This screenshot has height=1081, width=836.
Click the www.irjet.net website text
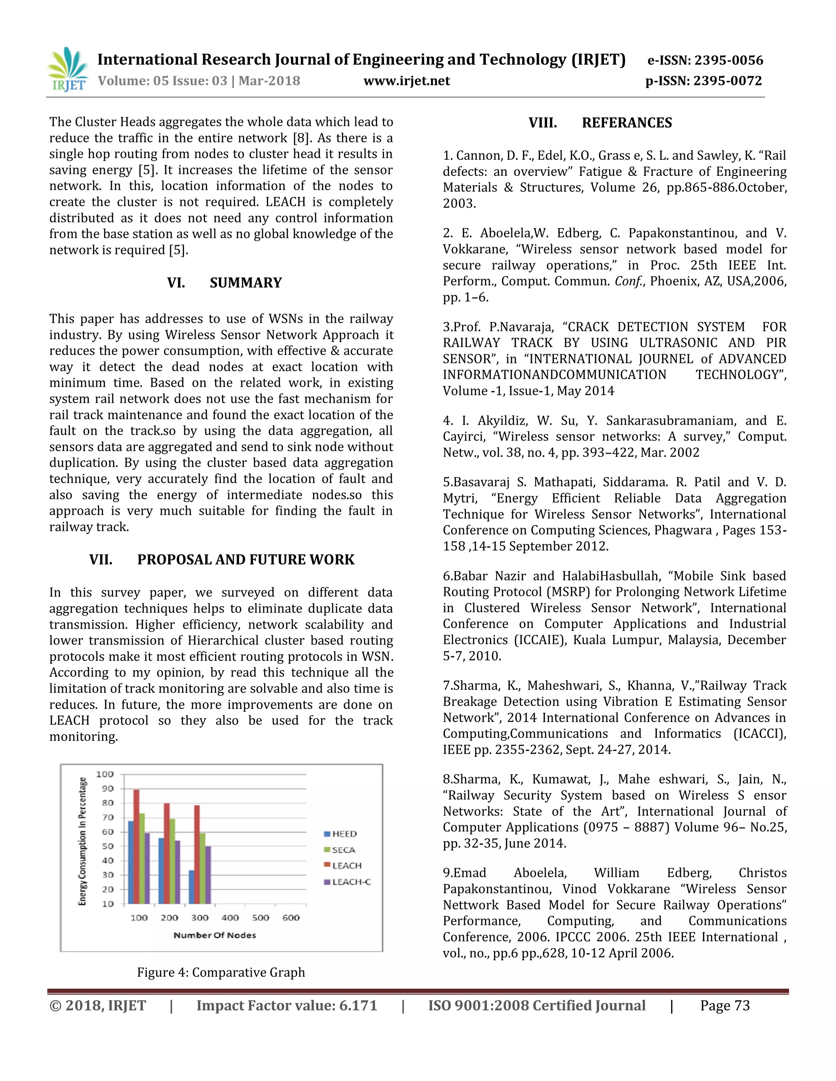(406, 81)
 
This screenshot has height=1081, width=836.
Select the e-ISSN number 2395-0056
(729, 60)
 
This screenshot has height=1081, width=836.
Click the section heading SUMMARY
(245, 283)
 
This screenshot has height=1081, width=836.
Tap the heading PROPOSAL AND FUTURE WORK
(246, 559)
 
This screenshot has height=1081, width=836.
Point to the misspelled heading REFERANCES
(627, 123)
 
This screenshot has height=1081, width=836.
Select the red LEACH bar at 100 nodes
(136, 846)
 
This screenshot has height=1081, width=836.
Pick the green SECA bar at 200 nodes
(172, 861)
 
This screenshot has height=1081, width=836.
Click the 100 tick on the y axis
(104, 773)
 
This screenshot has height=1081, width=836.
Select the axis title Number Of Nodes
(214, 935)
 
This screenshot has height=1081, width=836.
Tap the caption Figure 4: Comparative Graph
(221, 972)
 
